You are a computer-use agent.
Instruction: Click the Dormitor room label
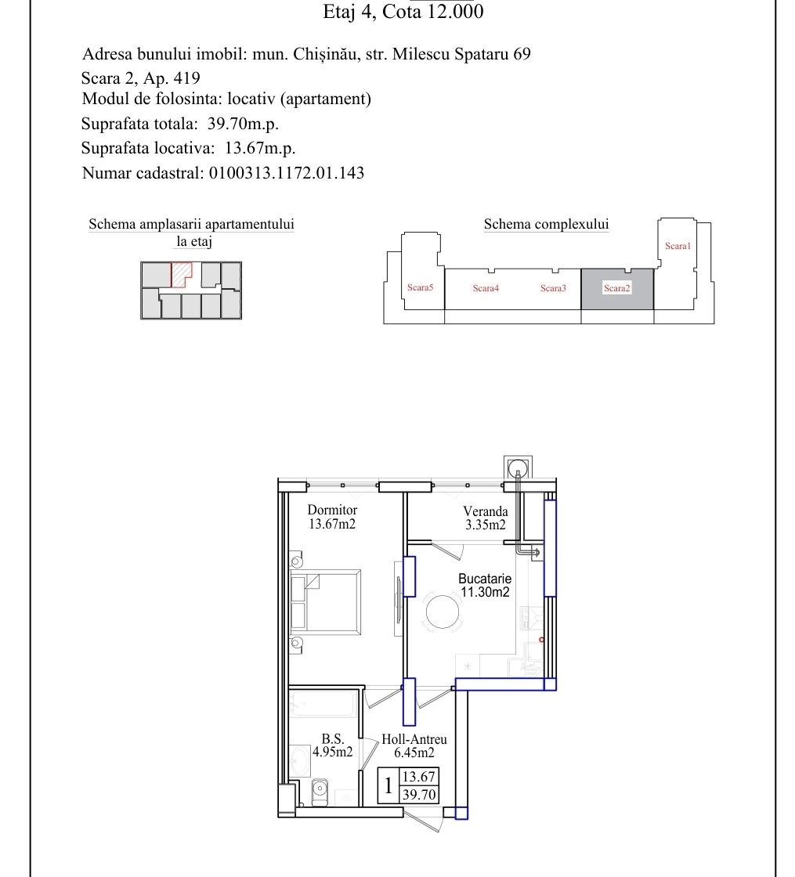pos(332,510)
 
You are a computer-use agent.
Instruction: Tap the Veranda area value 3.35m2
pos(485,525)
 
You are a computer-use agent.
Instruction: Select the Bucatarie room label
pos(485,579)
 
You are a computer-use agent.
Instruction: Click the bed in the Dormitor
pos(325,602)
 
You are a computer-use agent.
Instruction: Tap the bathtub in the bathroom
pos(323,704)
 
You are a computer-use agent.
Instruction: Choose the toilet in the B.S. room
pos(319,791)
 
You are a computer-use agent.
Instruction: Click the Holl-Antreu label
pos(414,739)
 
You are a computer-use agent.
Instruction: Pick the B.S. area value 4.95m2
pos(332,752)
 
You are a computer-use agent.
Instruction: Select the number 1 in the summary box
pos(388,785)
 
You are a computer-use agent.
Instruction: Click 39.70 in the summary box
pos(418,794)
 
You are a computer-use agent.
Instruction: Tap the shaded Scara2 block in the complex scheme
pos(617,289)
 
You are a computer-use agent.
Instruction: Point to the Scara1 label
pos(678,246)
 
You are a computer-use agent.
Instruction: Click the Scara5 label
pos(420,287)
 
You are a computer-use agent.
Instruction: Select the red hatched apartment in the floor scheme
pos(180,274)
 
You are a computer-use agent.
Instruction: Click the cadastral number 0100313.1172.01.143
pos(287,173)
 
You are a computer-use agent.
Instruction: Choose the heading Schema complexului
pos(546,224)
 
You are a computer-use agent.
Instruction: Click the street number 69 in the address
pos(522,54)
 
